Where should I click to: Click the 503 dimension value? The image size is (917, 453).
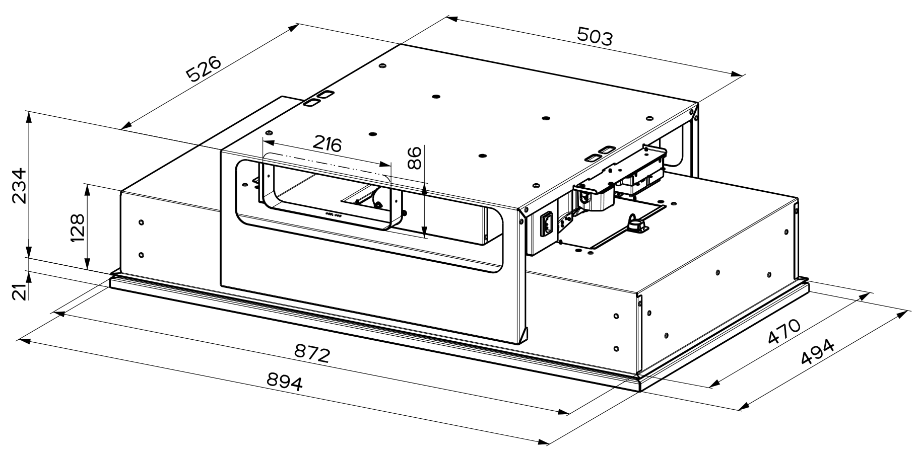pos(595,37)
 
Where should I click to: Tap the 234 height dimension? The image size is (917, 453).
pos(19,186)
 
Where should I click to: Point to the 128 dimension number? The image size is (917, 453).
pos(77,228)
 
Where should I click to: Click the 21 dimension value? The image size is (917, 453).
pos(19,292)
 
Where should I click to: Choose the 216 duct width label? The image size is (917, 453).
pos(326,144)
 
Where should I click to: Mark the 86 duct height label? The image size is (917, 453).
pos(414,158)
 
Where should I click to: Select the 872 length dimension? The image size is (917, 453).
pos(312,354)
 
